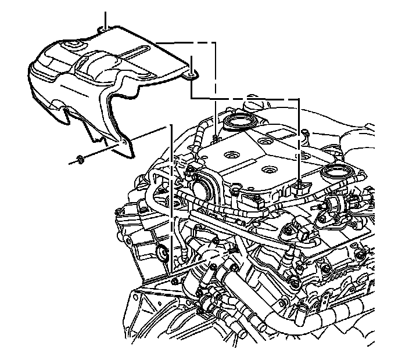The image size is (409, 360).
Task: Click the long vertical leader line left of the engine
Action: click(x=171, y=197)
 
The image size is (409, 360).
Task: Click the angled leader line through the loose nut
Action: click(x=105, y=149)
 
